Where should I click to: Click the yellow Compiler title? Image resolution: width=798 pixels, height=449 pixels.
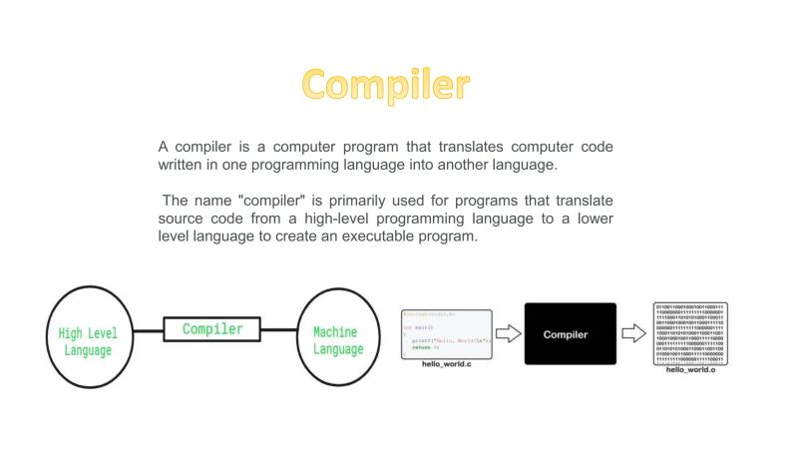point(386,85)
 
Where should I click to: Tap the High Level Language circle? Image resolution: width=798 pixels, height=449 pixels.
point(85,336)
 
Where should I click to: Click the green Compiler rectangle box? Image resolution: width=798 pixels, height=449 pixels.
point(211,329)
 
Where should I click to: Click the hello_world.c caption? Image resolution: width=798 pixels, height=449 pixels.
point(446,366)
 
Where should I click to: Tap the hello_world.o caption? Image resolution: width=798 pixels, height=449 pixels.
point(690,370)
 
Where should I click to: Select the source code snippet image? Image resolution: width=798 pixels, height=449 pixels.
point(446,334)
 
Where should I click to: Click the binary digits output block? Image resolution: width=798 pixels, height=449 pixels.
point(690,333)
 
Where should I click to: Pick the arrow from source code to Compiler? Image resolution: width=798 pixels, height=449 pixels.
point(509,334)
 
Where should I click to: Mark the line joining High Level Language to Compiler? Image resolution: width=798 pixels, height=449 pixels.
point(150,330)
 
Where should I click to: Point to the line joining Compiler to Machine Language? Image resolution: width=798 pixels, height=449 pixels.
point(279,330)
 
